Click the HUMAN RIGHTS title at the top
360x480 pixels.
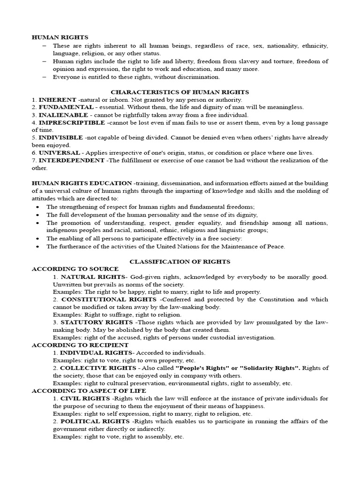60,37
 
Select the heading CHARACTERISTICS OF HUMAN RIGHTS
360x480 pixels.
180,92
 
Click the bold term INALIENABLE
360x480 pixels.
63,115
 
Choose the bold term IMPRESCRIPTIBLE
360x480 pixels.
72,122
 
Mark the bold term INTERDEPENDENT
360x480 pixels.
71,160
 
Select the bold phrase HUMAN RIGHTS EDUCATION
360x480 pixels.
82,183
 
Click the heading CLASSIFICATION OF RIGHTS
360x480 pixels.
180,262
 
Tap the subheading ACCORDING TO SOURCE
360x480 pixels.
75,269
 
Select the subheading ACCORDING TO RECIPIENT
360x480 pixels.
80,345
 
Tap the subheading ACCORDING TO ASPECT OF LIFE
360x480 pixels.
89,390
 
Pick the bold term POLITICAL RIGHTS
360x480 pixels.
96,421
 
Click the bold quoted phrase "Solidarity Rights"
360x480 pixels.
263,367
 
